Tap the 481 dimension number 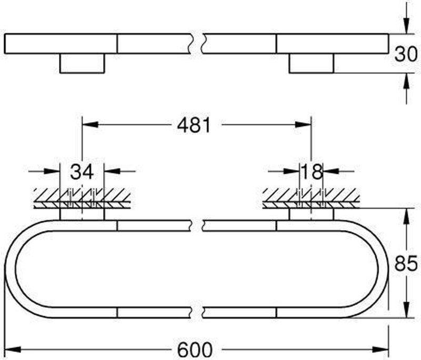[194, 125]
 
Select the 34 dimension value [82, 172]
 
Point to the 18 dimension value [312, 172]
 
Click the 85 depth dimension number [406, 263]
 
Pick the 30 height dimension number [406, 54]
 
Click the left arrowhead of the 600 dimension [13, 349]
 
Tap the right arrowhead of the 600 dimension [380, 349]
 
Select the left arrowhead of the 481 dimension [90, 125]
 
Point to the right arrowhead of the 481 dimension [303, 125]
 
